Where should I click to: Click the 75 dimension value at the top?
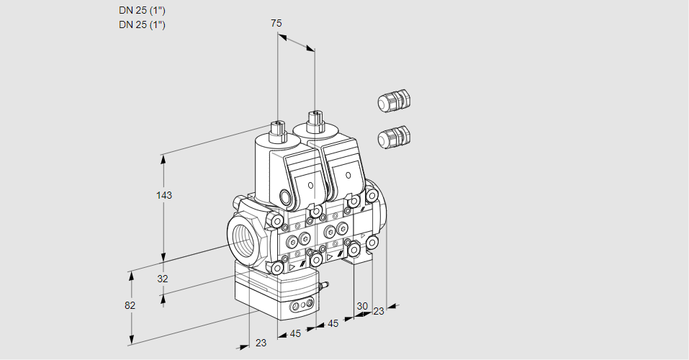tap(276, 23)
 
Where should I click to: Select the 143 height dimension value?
tap(166, 195)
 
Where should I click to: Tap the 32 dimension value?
tap(163, 279)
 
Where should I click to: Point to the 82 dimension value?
tap(130, 305)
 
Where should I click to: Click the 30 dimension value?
tap(362, 305)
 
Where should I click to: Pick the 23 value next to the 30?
tap(379, 311)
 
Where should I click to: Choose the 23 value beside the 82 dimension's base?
tap(261, 343)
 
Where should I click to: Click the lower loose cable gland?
tap(394, 136)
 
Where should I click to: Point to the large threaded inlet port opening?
tap(242, 239)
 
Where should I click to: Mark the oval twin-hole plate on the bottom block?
tap(300, 307)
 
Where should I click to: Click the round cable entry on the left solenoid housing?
tap(287, 198)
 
